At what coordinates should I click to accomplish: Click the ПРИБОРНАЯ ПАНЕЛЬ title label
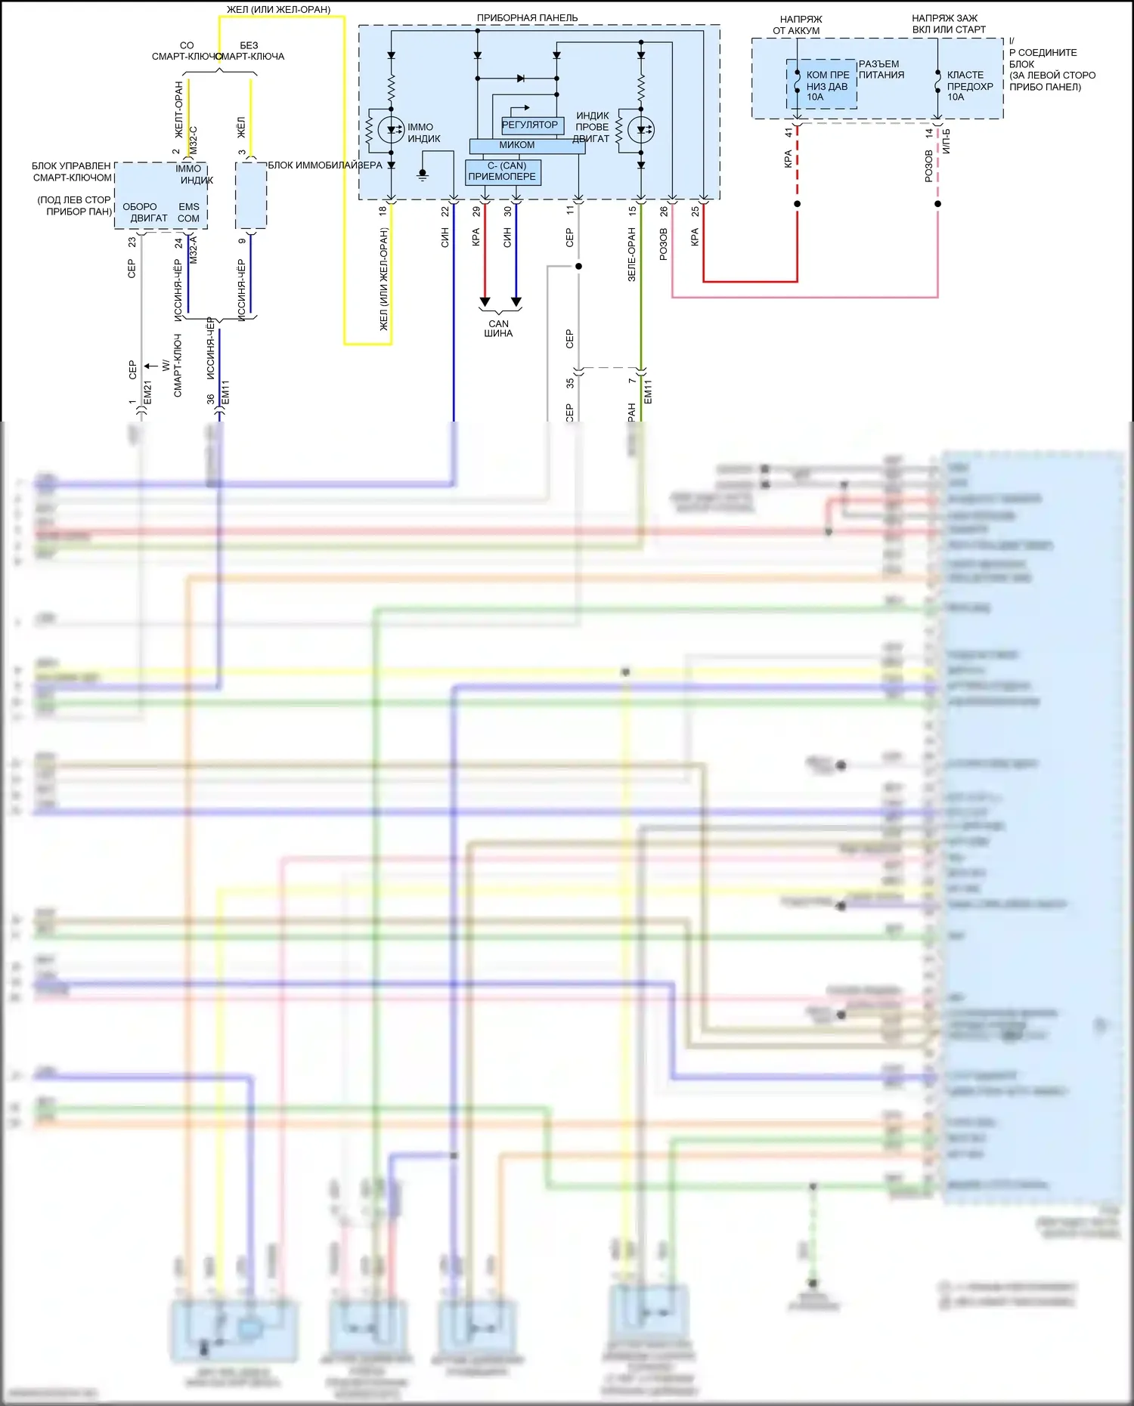click(527, 17)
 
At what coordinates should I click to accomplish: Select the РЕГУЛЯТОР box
click(529, 125)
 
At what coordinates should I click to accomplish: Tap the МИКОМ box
click(517, 145)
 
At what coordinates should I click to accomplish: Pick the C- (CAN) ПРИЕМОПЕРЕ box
click(502, 172)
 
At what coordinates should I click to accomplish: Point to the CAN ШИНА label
click(498, 329)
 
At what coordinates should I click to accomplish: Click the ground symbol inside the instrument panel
click(423, 175)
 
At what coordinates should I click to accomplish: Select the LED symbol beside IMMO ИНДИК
click(391, 130)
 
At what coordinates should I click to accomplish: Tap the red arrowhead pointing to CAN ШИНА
click(485, 302)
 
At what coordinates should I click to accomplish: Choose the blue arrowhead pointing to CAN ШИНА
click(516, 302)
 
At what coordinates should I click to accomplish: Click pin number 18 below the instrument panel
click(383, 211)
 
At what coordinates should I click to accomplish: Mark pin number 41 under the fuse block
click(788, 132)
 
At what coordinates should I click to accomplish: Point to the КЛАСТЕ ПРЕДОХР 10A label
click(969, 85)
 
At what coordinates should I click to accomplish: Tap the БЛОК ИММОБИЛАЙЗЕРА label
click(325, 165)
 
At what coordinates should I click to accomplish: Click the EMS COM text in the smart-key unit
click(189, 212)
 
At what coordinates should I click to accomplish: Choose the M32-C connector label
click(194, 141)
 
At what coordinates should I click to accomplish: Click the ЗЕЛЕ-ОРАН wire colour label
click(632, 255)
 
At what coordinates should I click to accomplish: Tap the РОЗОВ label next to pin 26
click(664, 244)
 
